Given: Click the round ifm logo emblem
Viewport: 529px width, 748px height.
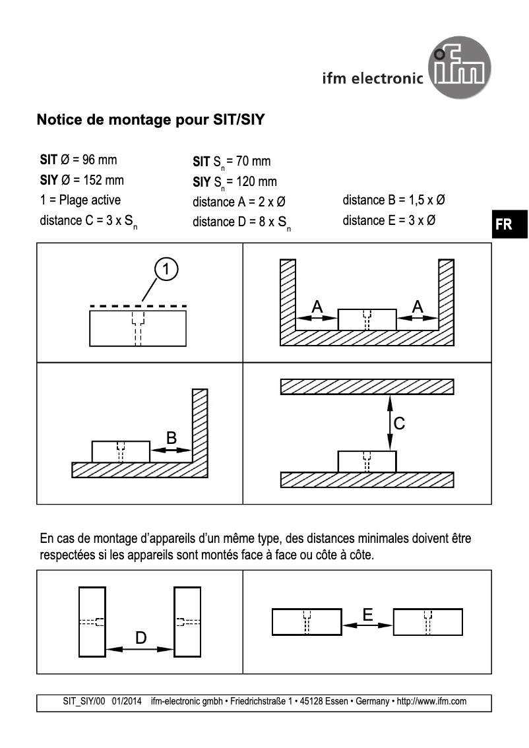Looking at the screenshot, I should click(460, 68).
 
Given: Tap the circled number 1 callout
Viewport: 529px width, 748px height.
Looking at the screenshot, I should click(167, 268).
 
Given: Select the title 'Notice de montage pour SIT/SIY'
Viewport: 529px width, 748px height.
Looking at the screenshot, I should click(151, 121).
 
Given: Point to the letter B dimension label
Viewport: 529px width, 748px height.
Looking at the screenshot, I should click(171, 437).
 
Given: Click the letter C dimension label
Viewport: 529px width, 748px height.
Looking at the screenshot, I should click(399, 423).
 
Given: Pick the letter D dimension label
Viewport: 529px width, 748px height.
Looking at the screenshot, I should click(140, 637).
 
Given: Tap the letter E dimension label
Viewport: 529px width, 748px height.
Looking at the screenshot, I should click(367, 615).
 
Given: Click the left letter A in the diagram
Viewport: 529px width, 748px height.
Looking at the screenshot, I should click(317, 306).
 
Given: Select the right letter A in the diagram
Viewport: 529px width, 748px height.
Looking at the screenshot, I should click(418, 306).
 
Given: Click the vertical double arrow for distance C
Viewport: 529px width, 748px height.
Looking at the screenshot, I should click(389, 423).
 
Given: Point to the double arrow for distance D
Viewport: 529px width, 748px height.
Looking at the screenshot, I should click(140, 649).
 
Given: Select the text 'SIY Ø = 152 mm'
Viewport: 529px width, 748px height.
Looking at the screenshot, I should click(82, 180).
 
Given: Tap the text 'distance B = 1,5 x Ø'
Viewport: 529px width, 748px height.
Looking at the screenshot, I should click(397, 201).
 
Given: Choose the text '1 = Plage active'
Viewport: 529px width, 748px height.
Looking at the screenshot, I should click(80, 200).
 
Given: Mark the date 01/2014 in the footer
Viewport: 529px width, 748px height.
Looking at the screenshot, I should click(127, 701).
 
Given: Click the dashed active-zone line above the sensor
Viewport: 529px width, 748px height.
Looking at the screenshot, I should click(138, 306).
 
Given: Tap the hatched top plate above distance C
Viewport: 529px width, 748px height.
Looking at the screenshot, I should click(367, 387).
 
